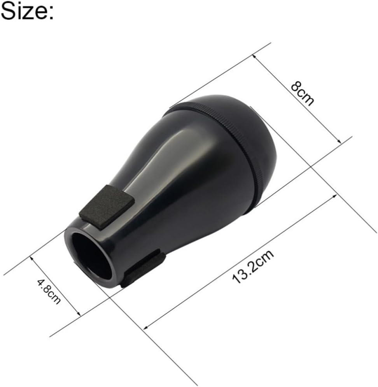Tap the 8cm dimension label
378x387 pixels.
pyautogui.click(x=303, y=94)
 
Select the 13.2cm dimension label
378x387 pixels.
pyautogui.click(x=253, y=266)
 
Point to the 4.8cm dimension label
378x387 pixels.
pyautogui.click(x=49, y=291)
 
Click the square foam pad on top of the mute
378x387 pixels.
pyautogui.click(x=107, y=206)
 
